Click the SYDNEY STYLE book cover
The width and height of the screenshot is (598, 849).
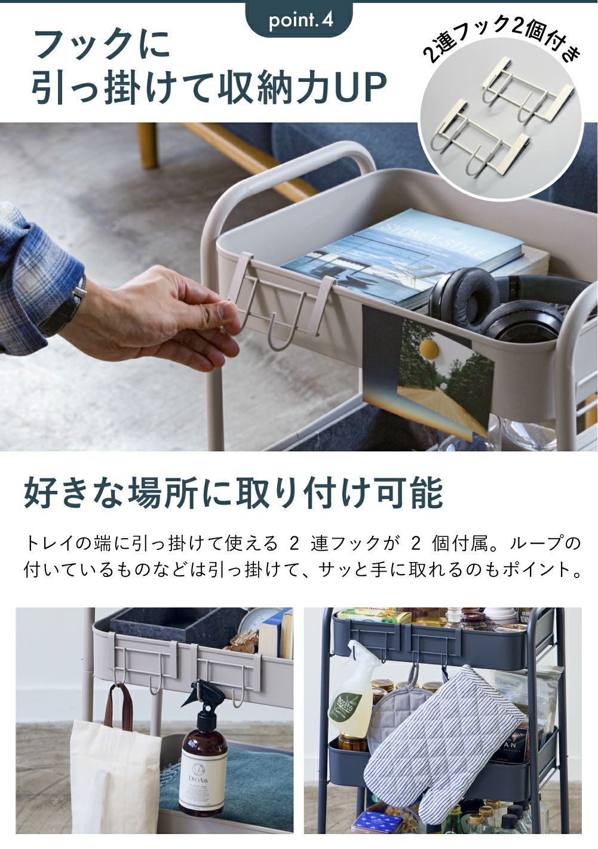(x=405, y=258)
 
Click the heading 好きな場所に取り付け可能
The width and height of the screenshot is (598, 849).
(x=234, y=493)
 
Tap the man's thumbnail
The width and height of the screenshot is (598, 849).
(x=224, y=312)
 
